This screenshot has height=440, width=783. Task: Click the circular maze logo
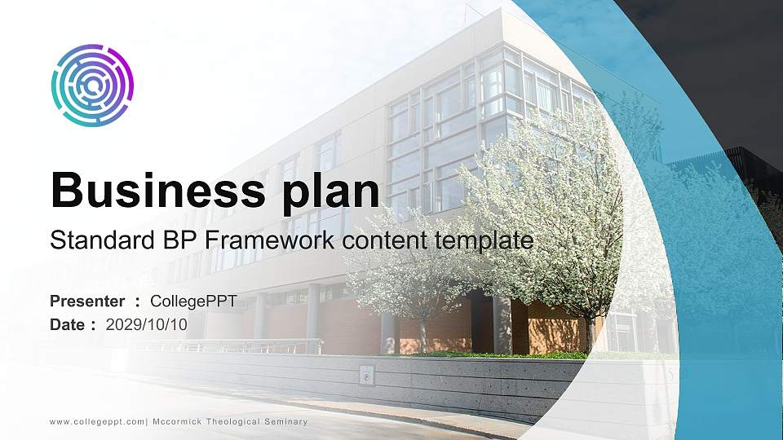click(92, 86)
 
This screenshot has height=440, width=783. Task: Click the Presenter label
click(87, 301)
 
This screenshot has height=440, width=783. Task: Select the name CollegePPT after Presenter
click(193, 301)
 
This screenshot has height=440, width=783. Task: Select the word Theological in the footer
click(238, 421)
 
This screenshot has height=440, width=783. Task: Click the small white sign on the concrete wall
click(367, 375)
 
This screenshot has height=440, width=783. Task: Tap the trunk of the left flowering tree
click(423, 335)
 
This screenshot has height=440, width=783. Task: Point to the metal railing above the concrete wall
click(245, 345)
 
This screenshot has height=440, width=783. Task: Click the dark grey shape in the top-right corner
click(718, 65)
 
